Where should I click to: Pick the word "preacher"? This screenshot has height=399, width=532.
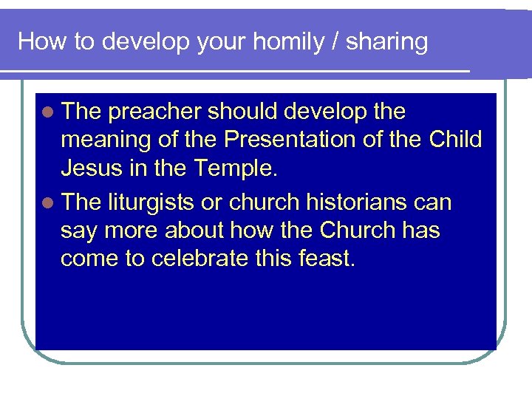click(x=154, y=112)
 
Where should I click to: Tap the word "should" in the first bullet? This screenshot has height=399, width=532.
click(x=243, y=112)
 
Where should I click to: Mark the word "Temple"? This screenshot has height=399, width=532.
click(x=235, y=168)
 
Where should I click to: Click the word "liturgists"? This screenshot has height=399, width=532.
click(x=152, y=202)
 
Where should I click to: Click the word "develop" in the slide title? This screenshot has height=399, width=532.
click(x=145, y=42)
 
